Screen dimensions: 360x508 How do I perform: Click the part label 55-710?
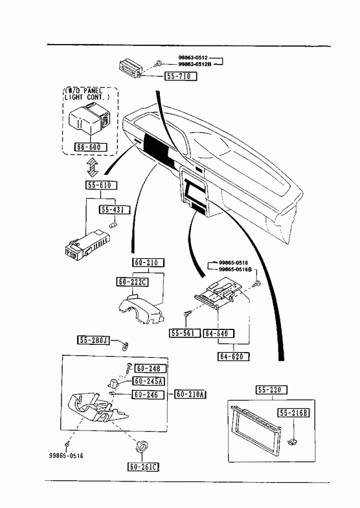point(181,76)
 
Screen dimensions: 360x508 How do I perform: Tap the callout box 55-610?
point(101,185)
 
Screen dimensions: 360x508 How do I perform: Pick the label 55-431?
point(114,210)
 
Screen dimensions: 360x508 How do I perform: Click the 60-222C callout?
point(132,282)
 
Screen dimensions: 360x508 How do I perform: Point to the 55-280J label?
point(94,340)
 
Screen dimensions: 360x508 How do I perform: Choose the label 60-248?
point(150,368)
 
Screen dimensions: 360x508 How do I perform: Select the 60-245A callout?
point(148,381)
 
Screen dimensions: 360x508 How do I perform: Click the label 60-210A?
point(190,394)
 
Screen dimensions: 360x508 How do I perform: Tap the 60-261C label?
point(144,467)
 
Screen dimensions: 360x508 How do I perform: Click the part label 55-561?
point(185,333)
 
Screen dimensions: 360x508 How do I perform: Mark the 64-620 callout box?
point(234,357)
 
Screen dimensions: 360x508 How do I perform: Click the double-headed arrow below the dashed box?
point(93,167)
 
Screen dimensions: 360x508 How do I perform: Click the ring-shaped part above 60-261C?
point(142,446)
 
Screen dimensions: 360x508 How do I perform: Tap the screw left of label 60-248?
point(128,368)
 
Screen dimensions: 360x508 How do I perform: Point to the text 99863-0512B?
point(195,64)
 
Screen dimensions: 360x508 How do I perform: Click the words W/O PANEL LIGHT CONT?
point(87,94)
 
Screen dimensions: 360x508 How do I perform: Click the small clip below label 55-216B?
point(293,441)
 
